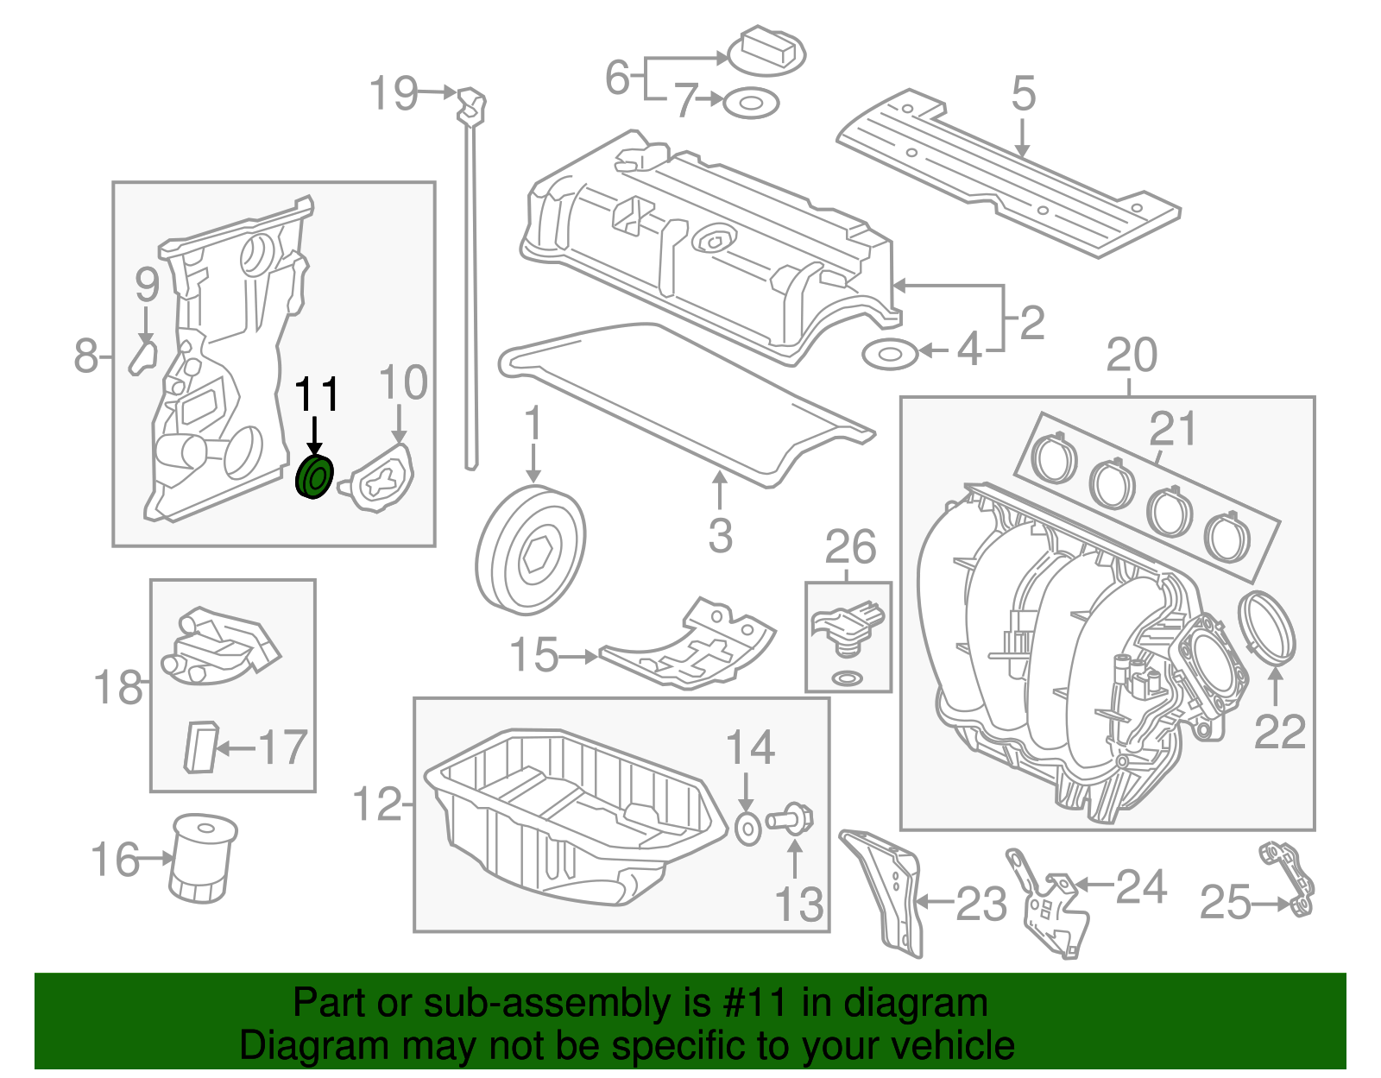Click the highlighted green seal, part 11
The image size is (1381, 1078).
pos(313,478)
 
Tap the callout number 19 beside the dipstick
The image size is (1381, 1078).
pos(394,93)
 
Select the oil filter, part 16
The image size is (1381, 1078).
pos(203,858)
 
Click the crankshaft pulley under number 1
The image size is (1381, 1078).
pos(530,550)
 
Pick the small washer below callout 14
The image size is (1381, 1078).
pos(747,828)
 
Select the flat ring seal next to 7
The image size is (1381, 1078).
pos(750,104)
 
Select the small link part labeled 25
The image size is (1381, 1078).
pos(1290,880)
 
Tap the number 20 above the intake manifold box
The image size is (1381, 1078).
pos(1131,356)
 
